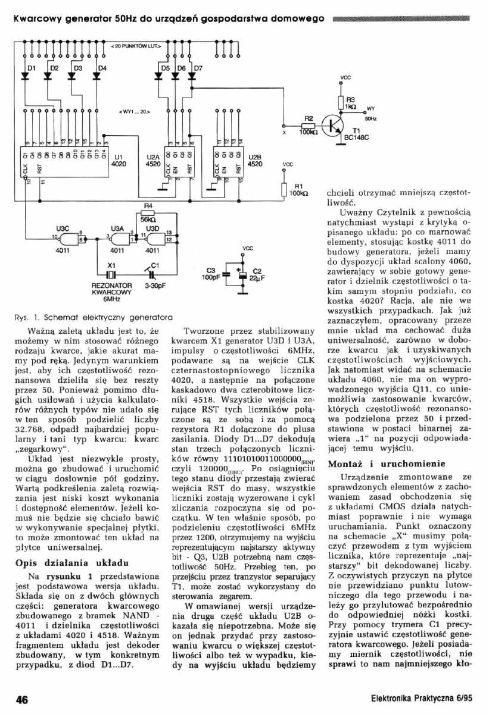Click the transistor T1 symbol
(332, 126)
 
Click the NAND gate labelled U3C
(70, 238)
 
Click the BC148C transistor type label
(357, 136)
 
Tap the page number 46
(22, 700)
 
